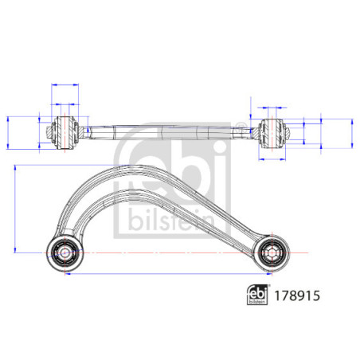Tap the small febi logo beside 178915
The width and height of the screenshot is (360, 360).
pos(256,293)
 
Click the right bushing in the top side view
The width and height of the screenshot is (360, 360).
pos(271,130)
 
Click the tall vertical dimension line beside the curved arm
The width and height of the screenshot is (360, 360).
pos(15,209)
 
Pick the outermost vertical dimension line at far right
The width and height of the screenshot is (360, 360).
pos(351,132)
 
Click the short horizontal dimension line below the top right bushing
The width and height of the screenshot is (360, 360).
pos(271,157)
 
